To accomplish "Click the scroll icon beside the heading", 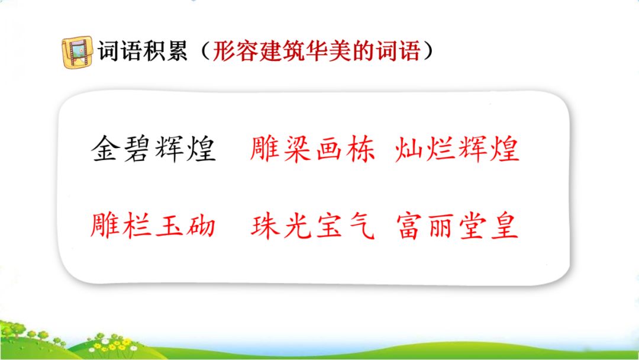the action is point(77,52).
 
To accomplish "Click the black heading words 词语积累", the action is point(142,52).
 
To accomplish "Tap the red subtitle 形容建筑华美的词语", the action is point(317,52).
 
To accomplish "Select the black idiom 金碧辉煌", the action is point(153,149).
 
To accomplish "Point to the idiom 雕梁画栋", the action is point(312,149).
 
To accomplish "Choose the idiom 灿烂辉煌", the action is point(457,149).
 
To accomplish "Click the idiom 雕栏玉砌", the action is point(153,225).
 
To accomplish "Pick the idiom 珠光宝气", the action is point(312,226).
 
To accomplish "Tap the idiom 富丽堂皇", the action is point(457,226).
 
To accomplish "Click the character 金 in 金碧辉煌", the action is point(105,149).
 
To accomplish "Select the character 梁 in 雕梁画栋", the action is point(297,149).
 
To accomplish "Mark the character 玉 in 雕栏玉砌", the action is point(169,226).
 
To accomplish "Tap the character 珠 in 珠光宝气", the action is point(265,226).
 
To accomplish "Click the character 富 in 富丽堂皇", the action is point(411,226).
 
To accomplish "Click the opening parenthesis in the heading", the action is point(205,52).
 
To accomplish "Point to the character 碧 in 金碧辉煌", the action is point(137,149).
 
